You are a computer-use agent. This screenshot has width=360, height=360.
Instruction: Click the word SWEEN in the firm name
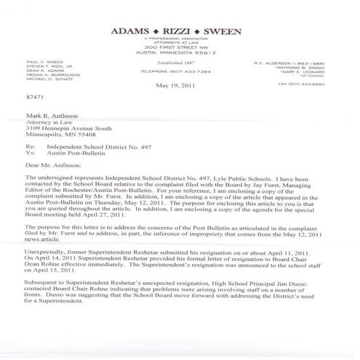pyautogui.click(x=223, y=31)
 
